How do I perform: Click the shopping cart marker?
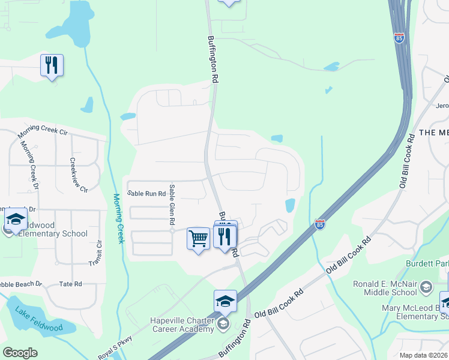tap(198, 239)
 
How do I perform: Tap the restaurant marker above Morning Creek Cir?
tap(52, 65)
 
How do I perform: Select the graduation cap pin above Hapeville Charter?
tap(225, 301)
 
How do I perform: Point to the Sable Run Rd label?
tap(146, 194)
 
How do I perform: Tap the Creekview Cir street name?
tap(79, 175)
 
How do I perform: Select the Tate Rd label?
tap(70, 284)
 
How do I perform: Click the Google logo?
tap(20, 353)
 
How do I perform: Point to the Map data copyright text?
tap(424, 355)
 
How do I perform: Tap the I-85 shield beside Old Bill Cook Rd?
tap(320, 224)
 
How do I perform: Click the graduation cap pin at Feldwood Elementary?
tap(15, 220)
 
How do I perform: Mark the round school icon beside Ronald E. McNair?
tap(426, 286)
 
